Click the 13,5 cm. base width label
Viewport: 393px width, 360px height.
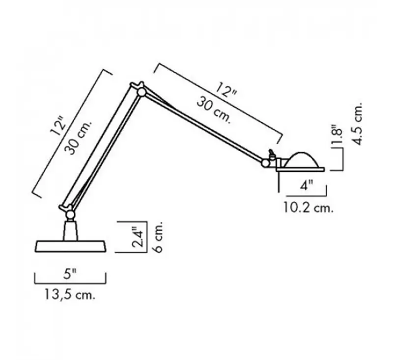pos(71,295)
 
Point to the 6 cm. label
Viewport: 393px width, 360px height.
pos(157,237)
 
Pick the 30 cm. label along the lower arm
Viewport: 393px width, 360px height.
pos(77,140)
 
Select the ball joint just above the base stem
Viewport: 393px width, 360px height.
pos(70,214)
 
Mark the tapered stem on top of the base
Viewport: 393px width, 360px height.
pos(71,230)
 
